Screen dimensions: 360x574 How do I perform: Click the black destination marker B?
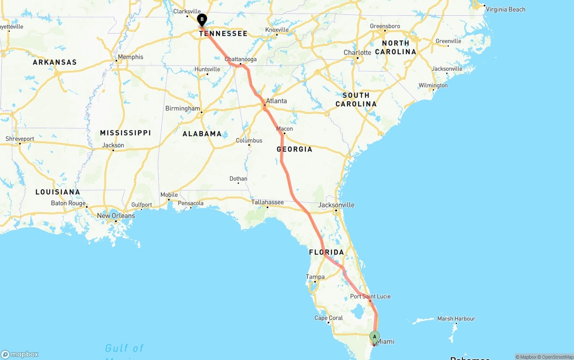point(202,19)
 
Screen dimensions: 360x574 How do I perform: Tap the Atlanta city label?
point(276,101)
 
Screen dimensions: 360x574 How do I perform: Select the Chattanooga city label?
point(241,59)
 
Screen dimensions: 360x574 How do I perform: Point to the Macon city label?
point(284,129)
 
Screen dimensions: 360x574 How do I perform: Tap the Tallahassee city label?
point(267,202)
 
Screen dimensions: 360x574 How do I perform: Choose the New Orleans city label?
point(116,216)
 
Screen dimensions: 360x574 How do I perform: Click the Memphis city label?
point(130,57)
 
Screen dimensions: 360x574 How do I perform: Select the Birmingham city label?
point(183,108)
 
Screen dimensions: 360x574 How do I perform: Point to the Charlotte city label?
point(357,52)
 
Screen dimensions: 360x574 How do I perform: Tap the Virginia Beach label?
point(505,9)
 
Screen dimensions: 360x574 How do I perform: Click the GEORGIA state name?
point(295,149)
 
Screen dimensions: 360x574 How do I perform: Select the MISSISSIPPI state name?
point(125,133)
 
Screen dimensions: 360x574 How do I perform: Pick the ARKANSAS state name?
point(55,62)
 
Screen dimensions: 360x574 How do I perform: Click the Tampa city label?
point(315,277)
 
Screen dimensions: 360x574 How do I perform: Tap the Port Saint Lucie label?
point(370,296)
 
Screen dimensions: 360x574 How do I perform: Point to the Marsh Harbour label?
point(456,319)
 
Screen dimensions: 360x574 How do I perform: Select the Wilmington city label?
point(433,86)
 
